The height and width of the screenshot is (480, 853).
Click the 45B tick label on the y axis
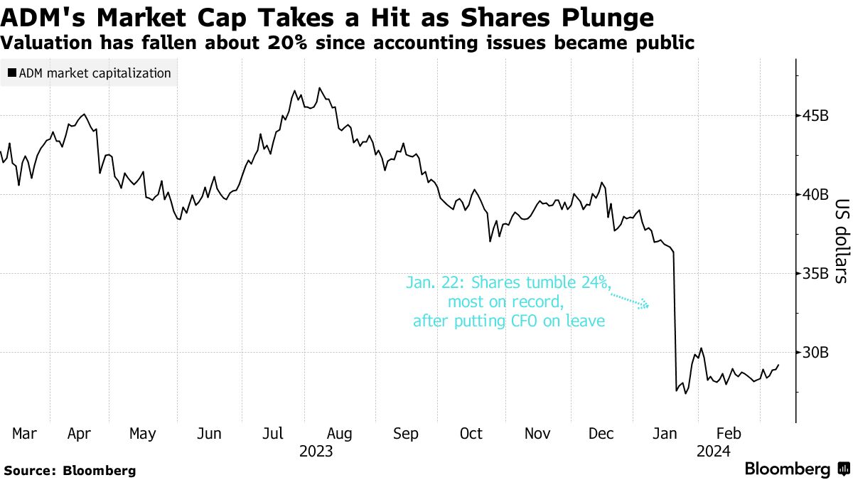(x=815, y=116)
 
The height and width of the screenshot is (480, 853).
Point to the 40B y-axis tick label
(x=815, y=195)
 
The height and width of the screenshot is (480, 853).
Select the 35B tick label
(x=815, y=274)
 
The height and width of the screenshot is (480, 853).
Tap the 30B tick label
(x=815, y=353)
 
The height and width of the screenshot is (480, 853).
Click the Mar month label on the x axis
(x=26, y=433)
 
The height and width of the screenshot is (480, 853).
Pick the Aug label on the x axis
(x=338, y=433)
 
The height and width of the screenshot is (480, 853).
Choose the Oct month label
(x=471, y=433)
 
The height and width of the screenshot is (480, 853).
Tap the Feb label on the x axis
(x=729, y=433)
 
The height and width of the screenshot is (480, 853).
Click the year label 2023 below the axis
(x=316, y=451)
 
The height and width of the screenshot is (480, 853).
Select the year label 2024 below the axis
(x=714, y=451)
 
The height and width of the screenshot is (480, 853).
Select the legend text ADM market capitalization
(x=95, y=73)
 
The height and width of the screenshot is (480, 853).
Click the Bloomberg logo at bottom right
(x=796, y=469)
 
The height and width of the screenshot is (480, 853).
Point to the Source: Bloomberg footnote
(x=70, y=470)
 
